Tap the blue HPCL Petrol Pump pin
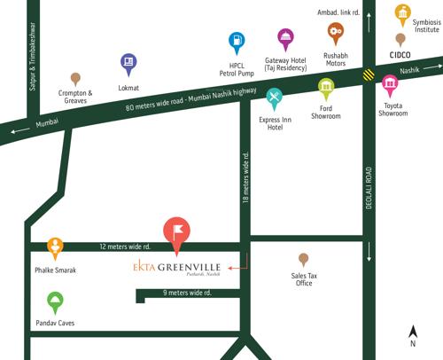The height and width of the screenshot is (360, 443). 237,41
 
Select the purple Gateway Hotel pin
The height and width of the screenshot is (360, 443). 285,38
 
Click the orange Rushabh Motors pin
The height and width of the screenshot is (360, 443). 335,33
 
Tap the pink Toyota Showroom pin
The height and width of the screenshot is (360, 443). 390,85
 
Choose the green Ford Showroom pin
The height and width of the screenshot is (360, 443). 326,88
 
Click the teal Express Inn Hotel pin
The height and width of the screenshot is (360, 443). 275,97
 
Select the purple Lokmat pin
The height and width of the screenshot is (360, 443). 128,63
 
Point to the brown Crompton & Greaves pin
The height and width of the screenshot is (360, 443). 75,79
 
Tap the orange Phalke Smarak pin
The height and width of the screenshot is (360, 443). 55,247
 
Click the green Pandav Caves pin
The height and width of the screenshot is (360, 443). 55,301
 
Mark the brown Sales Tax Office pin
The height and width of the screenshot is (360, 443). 304,259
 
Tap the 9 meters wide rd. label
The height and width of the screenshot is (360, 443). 190,293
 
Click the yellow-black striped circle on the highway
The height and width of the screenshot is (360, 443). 367,75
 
